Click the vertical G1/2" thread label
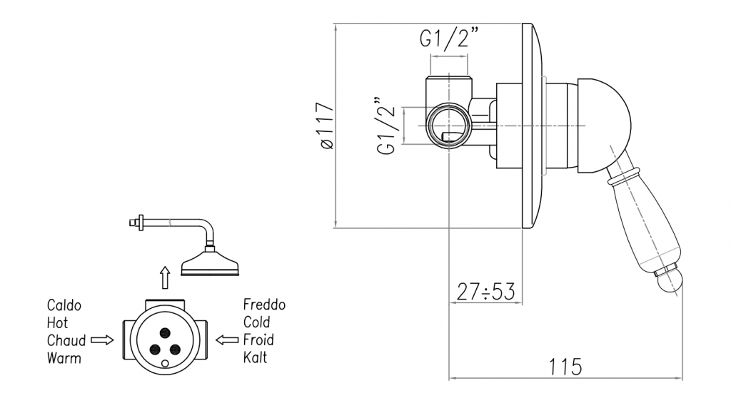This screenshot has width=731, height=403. (388, 126)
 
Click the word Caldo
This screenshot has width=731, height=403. (64, 305)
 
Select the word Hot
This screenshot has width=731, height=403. (57, 322)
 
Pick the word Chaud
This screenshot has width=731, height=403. (66, 340)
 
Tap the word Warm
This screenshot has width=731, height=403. (64, 357)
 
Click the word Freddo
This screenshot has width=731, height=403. (264, 305)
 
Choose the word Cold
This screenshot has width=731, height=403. (257, 322)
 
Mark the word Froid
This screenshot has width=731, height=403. (258, 340)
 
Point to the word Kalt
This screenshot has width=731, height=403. (255, 357)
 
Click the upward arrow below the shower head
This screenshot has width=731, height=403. (165, 275)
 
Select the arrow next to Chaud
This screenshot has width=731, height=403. (103, 340)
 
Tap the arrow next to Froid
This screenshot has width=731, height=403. (227, 340)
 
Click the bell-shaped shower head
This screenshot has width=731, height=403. (211, 263)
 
